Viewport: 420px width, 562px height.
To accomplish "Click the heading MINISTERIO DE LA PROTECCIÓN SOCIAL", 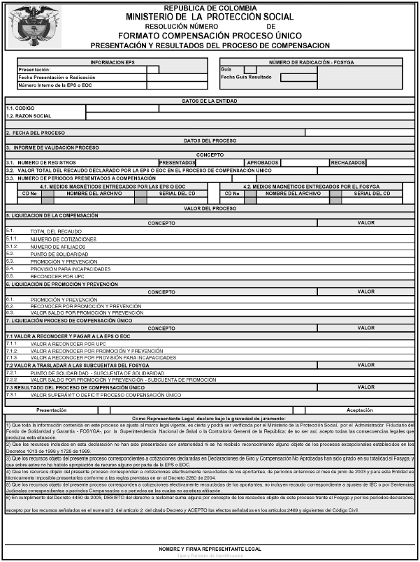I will coord(210,16).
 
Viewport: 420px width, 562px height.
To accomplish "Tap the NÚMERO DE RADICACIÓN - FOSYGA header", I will coord(311,62).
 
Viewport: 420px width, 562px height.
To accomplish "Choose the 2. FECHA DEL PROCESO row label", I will coord(35,132).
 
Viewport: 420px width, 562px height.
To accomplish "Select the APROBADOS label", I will coord(263,162).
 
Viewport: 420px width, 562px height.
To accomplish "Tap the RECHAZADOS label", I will coord(347,162).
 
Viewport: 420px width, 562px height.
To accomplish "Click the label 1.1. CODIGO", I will coord(20,108).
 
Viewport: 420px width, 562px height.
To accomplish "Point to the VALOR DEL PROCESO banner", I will coord(210,208).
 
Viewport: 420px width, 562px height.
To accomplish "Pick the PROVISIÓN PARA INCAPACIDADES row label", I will coord(70,268).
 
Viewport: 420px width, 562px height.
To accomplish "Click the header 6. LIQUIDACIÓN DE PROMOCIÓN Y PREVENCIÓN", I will coord(62,284).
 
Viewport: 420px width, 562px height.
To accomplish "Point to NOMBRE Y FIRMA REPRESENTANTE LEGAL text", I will coord(210,549).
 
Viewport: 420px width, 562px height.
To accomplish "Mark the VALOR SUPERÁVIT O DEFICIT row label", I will coord(106,395).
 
